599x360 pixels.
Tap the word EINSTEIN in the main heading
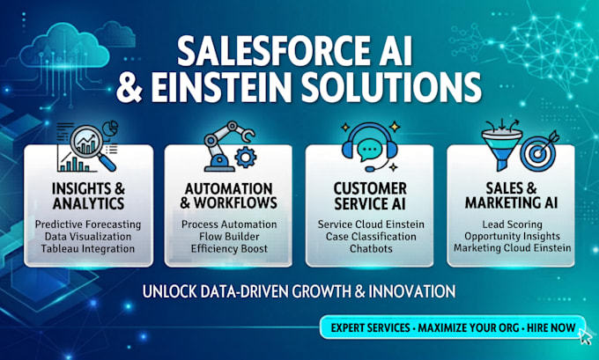222,89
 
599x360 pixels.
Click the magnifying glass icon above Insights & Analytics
93,148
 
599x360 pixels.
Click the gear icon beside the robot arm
245,158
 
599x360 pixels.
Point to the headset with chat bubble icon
369,147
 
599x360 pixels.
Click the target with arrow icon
539,151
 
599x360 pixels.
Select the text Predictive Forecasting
88,224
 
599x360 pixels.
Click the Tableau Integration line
88,248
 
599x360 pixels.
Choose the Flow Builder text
229,236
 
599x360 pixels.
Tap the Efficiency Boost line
229,248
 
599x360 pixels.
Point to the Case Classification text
371,236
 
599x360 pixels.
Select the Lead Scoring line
512,224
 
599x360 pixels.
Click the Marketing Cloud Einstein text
512,247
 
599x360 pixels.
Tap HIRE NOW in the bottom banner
551,327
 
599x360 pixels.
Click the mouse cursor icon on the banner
585,336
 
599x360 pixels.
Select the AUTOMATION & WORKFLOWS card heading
228,195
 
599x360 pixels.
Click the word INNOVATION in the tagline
412,291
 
